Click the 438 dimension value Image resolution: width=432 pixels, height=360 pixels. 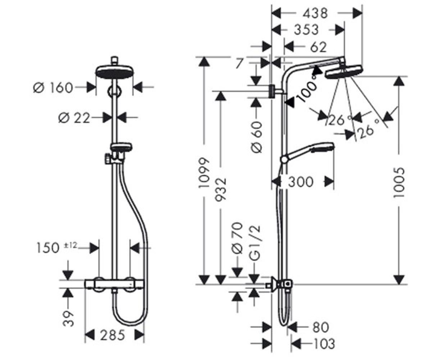pos(315,13)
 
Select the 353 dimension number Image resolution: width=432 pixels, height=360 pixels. pos(306,30)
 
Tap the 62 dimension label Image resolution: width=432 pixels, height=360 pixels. pos(318,47)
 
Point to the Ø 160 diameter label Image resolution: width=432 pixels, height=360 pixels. pos(53,87)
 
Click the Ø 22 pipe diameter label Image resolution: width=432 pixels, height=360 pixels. pos(74,118)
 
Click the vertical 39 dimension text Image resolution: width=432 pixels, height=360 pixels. pos(68,319)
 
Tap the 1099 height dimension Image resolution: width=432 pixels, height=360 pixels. pos(204,173)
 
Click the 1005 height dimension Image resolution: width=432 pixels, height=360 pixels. pos(399,183)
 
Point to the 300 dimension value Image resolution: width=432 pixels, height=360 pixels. pos(301,182)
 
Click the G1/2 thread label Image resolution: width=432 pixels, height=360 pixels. pos(255,243)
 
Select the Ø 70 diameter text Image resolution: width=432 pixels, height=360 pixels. pos(237,238)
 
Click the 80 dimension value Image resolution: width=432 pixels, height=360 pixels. pos(320,327)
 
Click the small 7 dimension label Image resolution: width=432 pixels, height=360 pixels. pos(239,63)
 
